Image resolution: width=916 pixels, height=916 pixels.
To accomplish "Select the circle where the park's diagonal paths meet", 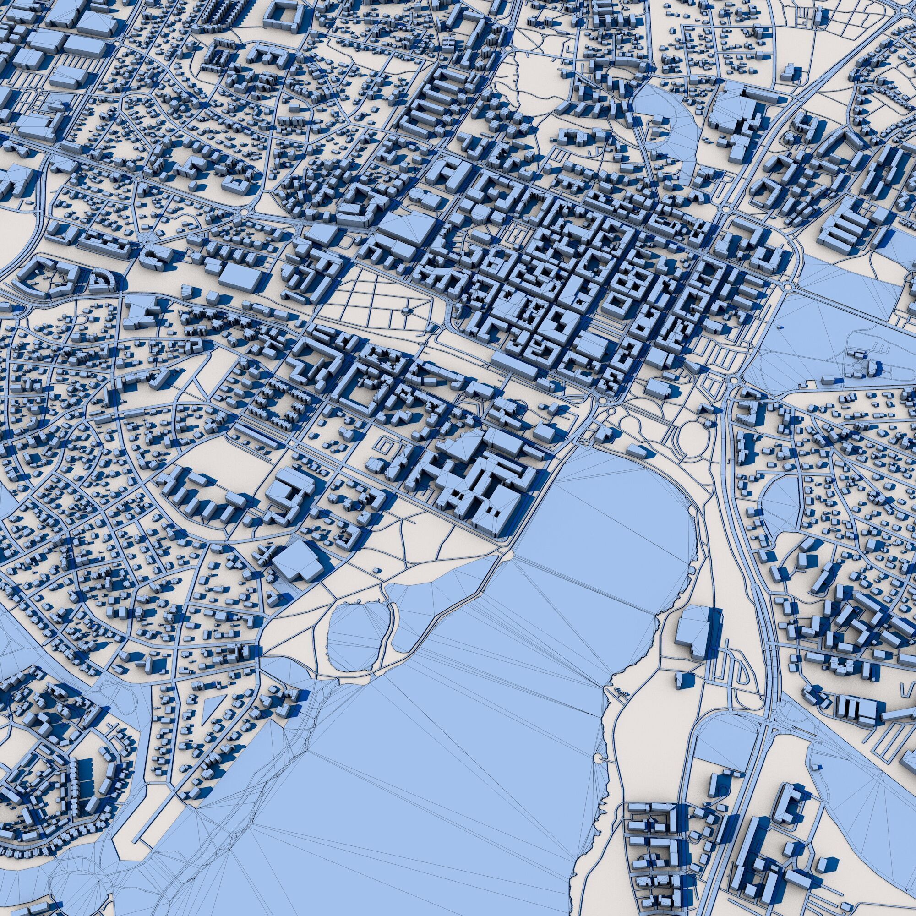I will pyautogui.click(x=406, y=311).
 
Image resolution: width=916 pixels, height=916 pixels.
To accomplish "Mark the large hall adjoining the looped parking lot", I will pyautogui.click(x=692, y=631).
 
